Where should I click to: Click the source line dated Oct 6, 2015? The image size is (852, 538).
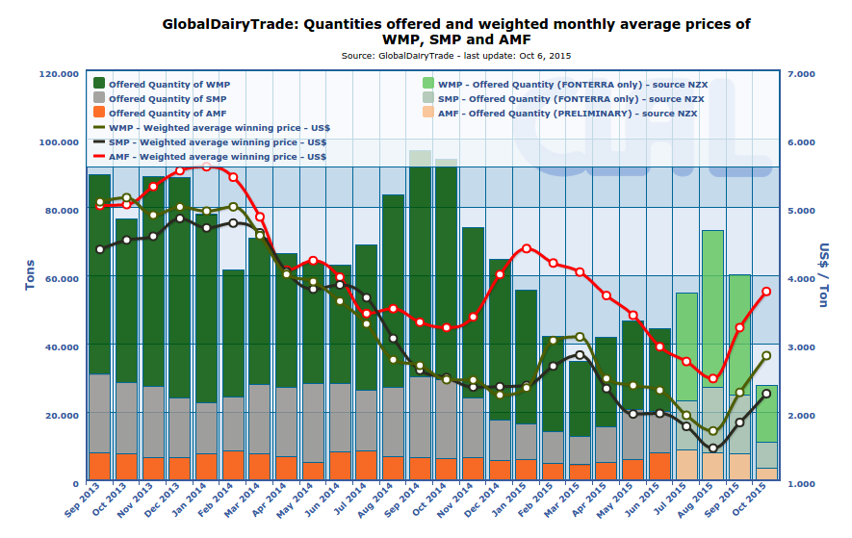coord(455,56)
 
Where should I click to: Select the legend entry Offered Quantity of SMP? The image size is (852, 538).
coord(168,99)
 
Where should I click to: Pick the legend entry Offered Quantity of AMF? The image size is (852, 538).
coord(168,114)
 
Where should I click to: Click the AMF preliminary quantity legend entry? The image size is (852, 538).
coord(567,114)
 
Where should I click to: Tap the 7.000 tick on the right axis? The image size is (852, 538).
coord(802,73)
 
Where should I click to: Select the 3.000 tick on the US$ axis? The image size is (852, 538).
coord(802,346)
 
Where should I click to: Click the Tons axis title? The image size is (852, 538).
coord(30,277)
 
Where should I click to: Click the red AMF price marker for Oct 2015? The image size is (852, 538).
coord(766,292)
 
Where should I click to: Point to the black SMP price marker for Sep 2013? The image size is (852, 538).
coord(100,249)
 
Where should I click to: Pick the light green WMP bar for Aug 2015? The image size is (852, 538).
coord(712,308)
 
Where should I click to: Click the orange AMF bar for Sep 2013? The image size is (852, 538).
coord(99,467)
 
